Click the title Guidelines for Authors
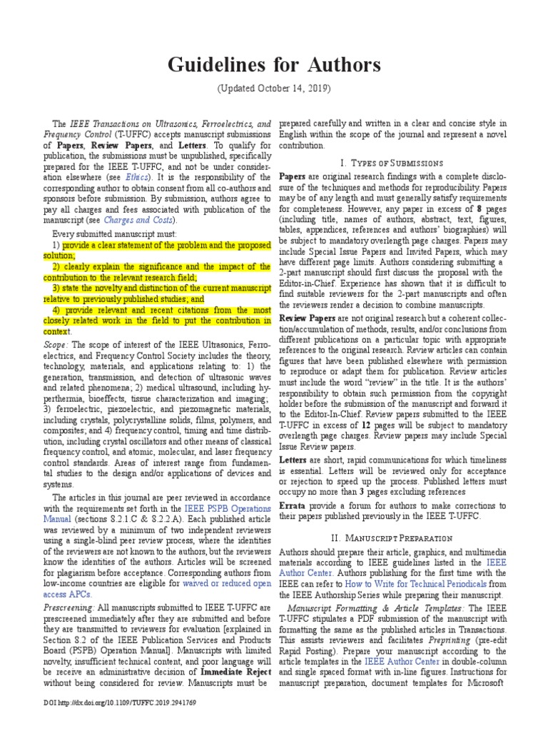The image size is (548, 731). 274,66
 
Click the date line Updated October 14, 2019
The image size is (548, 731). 274,89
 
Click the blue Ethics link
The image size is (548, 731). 136,176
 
